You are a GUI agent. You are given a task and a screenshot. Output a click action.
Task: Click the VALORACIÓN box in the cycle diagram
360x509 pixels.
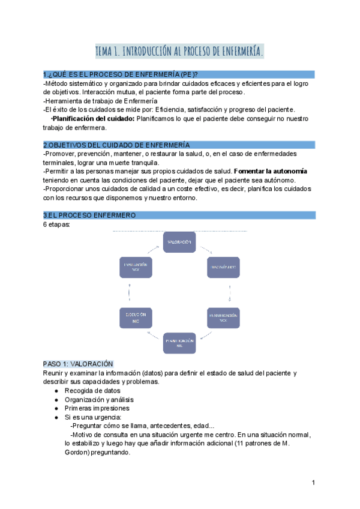pos(179,242)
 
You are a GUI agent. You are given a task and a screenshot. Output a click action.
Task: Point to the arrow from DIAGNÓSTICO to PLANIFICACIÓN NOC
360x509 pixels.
pos(230,292)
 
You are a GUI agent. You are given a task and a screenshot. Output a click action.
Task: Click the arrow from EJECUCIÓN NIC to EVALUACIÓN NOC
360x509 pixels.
pos(129,292)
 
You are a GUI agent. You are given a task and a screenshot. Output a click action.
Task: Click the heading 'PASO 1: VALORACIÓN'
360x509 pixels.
pos(78,364)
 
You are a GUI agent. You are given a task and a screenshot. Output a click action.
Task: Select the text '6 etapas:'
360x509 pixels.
pos(57,224)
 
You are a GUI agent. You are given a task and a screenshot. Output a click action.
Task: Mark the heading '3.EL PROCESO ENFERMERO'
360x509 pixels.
pos(89,215)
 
